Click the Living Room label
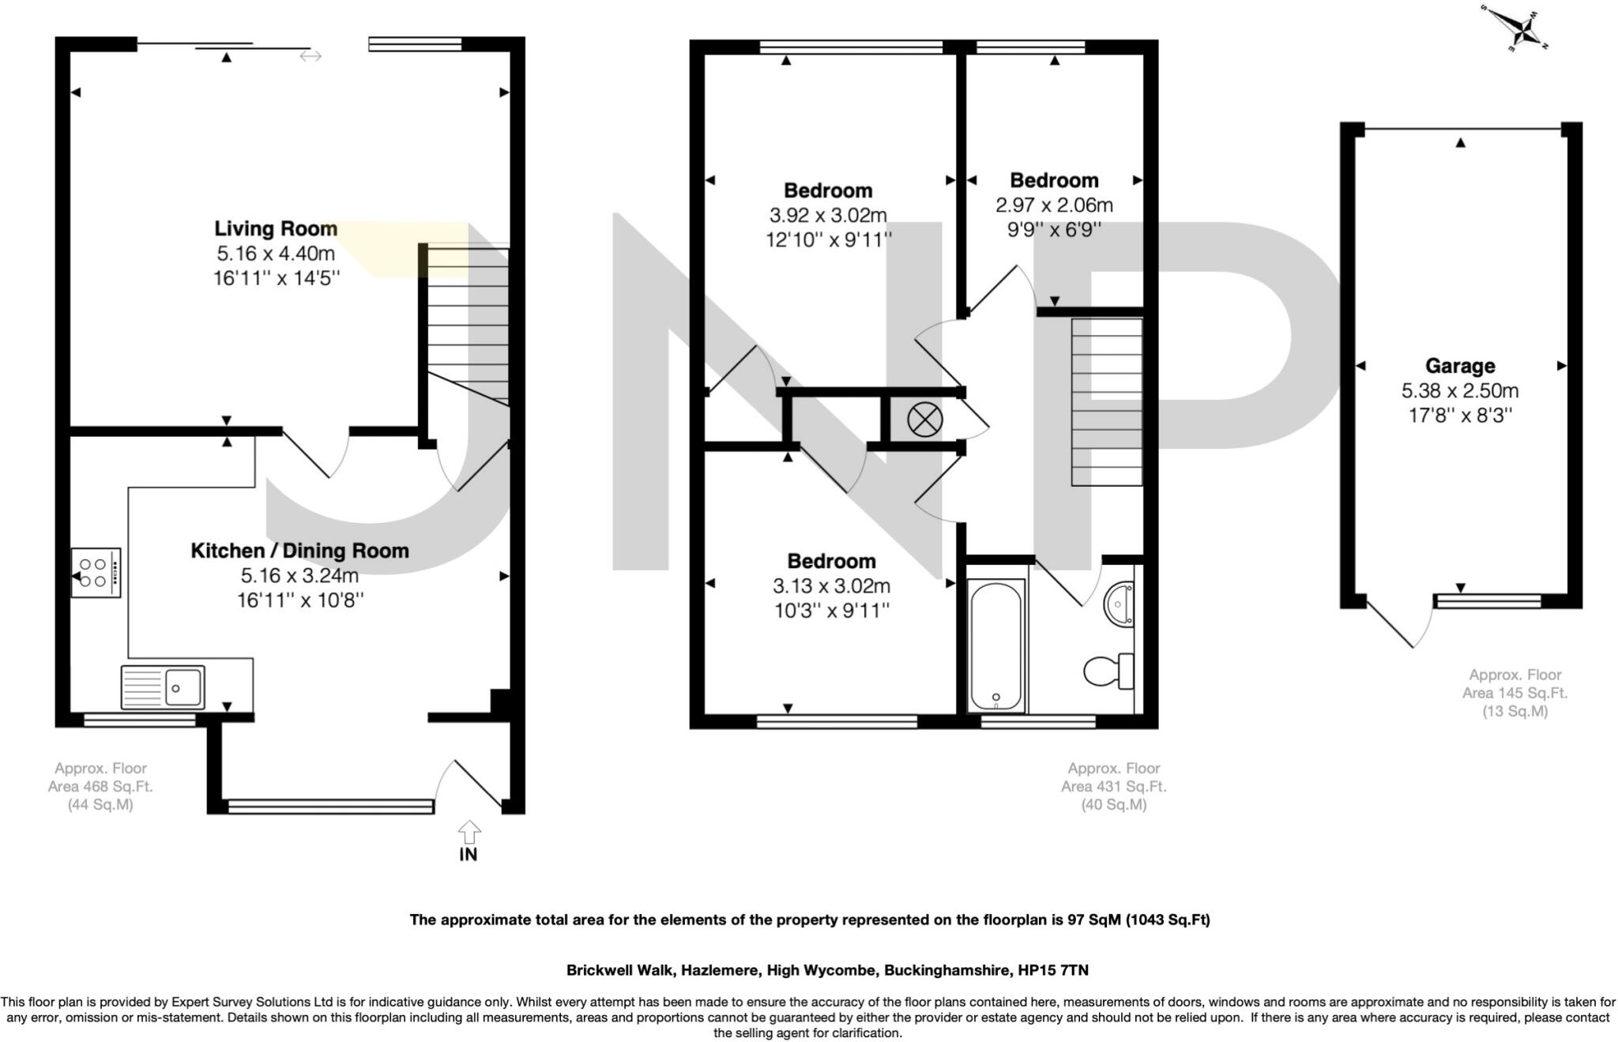pos(276,229)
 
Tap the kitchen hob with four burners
pos(96,573)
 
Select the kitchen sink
pos(163,687)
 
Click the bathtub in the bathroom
pos(995,644)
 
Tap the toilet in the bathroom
pos(1108,671)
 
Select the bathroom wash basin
pos(1120,604)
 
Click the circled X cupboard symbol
pos(924,419)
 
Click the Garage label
pos(1459,366)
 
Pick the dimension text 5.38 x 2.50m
pos(1459,390)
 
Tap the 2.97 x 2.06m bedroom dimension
pos(1054,205)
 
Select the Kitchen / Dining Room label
pos(299,551)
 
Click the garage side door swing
pos(1398,624)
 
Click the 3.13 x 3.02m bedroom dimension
pos(831,586)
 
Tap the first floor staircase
pos(1106,401)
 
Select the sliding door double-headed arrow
pos(310,56)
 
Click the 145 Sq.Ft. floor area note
pos(1514,693)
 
